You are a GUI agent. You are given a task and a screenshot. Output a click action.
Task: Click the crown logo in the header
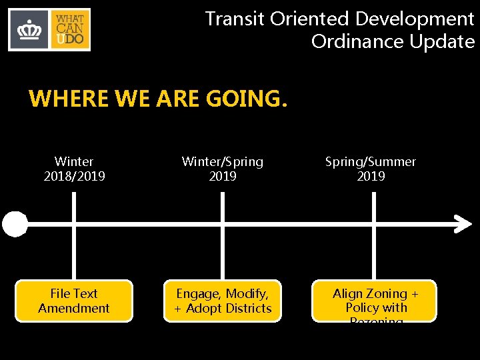29,30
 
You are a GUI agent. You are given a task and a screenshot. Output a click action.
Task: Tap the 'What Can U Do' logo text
70,30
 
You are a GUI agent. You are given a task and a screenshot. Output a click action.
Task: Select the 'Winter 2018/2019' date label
74,169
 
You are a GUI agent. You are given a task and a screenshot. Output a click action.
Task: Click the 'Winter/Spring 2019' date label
223,169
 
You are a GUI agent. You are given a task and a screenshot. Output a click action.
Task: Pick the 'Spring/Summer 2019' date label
371,169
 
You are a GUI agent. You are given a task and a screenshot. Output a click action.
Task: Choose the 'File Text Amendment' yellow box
74,301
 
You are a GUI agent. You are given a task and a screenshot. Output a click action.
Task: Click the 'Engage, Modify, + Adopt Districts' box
223,301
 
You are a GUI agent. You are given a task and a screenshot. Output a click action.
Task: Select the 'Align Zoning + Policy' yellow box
375,301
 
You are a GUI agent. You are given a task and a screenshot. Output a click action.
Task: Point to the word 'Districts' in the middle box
248,309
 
